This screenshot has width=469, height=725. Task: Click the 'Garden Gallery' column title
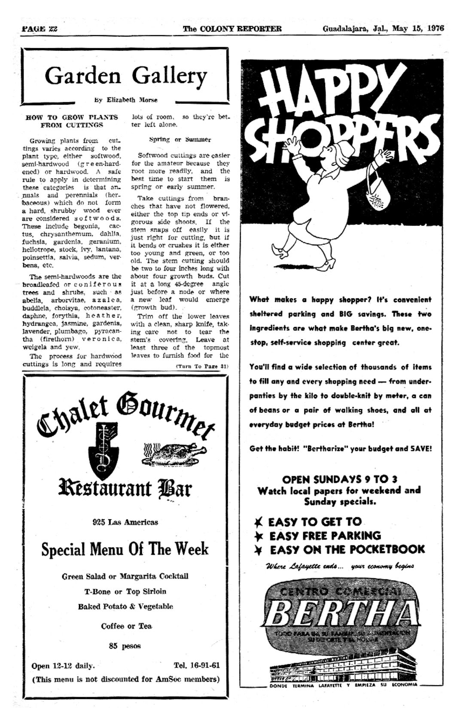coord(125,76)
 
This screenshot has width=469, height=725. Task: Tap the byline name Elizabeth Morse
coord(132,100)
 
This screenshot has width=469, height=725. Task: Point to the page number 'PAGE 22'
coord(40,29)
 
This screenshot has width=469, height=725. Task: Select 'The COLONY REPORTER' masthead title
coord(232,29)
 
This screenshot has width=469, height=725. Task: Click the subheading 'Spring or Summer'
coord(180,140)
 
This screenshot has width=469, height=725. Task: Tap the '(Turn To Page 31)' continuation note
coord(202,366)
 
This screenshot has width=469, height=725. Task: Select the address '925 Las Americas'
coord(125,522)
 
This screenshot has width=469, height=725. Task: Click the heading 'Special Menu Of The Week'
coord(125,549)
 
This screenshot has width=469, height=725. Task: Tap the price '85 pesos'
coord(125,646)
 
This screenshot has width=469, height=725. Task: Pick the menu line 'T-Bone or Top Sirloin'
coord(125,591)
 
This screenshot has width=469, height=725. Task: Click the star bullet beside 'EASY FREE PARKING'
coord(259,536)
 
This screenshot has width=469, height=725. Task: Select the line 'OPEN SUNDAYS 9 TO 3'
coord(339,479)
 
